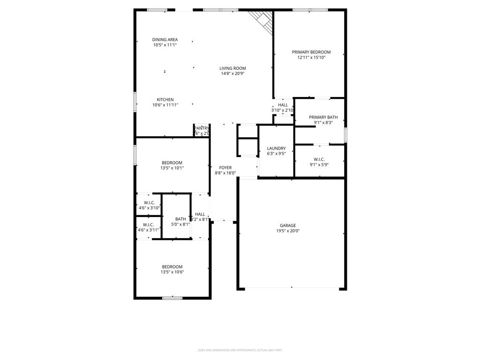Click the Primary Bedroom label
coord(311,52)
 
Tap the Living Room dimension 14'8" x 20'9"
coord(232,74)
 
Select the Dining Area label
coord(165,40)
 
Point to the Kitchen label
coord(165,99)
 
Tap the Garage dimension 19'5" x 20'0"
coord(288,231)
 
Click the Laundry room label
coord(276,148)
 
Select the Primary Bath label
coord(323,117)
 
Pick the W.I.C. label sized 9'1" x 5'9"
coord(319,159)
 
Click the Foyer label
coord(225,167)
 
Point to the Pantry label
coord(202,128)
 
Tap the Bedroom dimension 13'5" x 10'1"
coord(172,168)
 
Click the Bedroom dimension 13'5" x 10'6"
coord(172,272)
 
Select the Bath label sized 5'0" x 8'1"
coord(180,219)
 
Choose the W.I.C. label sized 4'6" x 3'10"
coord(149,202)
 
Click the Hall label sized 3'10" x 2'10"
coord(283,105)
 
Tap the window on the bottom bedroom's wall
coord(172,298)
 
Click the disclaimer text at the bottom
coord(240,350)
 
